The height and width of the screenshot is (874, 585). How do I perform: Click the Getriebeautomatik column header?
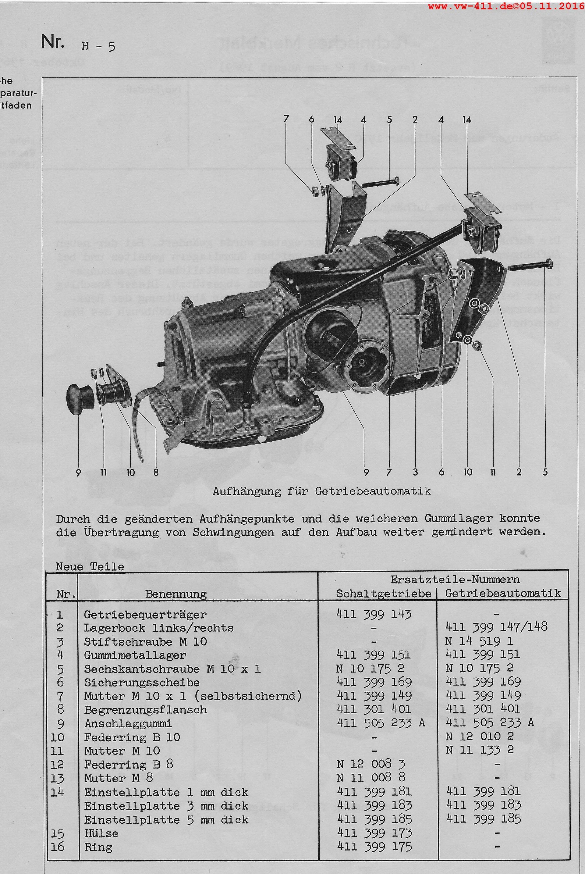pyautogui.click(x=503, y=593)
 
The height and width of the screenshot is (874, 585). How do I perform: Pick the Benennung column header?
pyautogui.click(x=176, y=594)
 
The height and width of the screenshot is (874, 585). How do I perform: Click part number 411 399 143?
pyautogui.click(x=374, y=614)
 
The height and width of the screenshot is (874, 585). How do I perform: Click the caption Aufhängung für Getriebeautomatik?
pyautogui.click(x=322, y=491)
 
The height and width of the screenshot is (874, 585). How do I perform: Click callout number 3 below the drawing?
pyautogui.click(x=415, y=473)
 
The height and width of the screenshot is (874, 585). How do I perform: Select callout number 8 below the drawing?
pyautogui.click(x=156, y=473)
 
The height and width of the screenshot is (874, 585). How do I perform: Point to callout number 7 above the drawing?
pyautogui.click(x=286, y=120)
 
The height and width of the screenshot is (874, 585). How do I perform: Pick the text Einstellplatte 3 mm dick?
pyautogui.click(x=166, y=806)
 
